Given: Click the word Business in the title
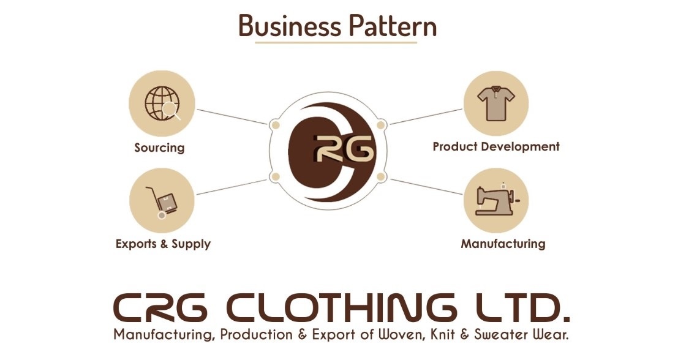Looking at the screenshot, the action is tap(290, 26).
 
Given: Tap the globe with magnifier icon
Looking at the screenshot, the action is tap(163, 103).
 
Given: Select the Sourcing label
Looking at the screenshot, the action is tap(160, 148).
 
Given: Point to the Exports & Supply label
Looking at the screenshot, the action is tap(163, 244).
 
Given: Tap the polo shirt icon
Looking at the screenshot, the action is tap(496, 103).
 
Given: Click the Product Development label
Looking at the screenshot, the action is tap(496, 147).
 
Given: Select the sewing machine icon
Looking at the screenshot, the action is tap(497, 200).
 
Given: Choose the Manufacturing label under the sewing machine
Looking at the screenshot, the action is tap(503, 244).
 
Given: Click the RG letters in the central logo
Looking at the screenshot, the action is tap(344, 148).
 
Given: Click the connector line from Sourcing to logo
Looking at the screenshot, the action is tap(232, 117).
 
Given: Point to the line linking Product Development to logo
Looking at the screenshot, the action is tap(426, 117).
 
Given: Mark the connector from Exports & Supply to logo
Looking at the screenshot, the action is tap(232, 187).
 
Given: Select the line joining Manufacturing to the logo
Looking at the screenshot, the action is tap(426, 187).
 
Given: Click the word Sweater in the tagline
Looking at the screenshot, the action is tap(501, 335).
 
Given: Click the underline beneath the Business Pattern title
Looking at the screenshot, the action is tap(336, 43).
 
